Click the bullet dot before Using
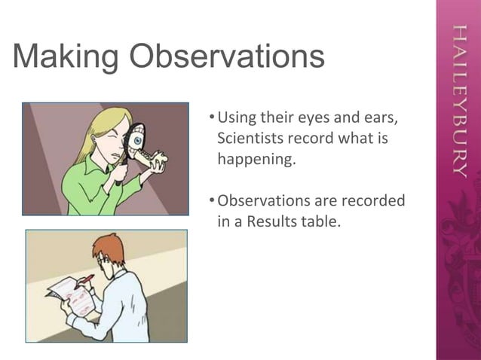point(210,118)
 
